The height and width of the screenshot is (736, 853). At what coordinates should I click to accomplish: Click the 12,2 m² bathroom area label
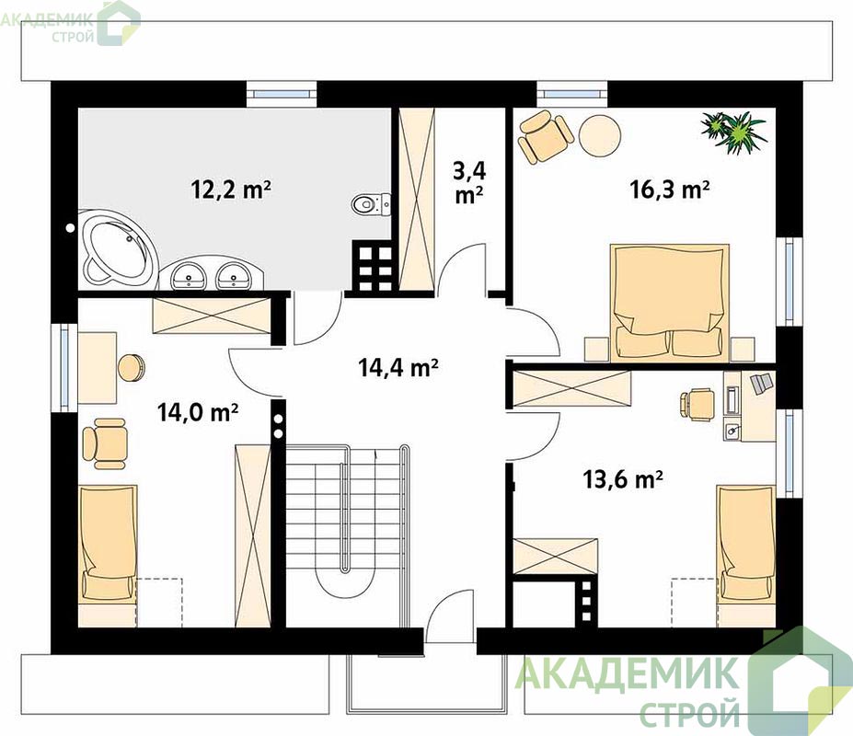(x=231, y=190)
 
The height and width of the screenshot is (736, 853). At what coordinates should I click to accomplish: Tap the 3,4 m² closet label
(x=470, y=183)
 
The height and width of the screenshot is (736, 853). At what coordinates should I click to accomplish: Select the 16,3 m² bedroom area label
(x=670, y=190)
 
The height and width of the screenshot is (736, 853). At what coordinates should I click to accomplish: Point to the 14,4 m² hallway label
(x=398, y=368)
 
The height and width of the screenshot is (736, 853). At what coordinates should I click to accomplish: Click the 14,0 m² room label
(x=198, y=412)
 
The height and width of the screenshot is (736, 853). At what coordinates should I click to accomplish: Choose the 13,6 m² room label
(x=622, y=480)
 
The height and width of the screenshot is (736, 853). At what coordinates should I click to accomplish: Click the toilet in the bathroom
(x=372, y=204)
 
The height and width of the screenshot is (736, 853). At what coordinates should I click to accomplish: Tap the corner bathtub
(x=117, y=249)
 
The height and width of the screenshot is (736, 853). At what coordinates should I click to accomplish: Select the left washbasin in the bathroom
(x=189, y=275)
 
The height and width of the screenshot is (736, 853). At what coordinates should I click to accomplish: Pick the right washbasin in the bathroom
(x=234, y=275)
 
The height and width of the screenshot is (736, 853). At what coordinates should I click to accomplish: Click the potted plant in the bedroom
(x=734, y=132)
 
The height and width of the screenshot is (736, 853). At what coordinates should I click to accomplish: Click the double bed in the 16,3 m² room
(x=670, y=303)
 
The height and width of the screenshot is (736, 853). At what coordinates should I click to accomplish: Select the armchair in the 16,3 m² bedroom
(x=545, y=136)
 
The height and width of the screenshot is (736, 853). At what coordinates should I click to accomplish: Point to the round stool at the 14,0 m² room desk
(x=131, y=368)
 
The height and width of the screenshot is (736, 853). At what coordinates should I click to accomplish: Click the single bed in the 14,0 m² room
(x=108, y=556)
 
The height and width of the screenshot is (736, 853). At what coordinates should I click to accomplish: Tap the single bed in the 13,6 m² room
(x=746, y=556)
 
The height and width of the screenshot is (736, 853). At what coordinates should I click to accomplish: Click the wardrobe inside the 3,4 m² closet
(x=417, y=199)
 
